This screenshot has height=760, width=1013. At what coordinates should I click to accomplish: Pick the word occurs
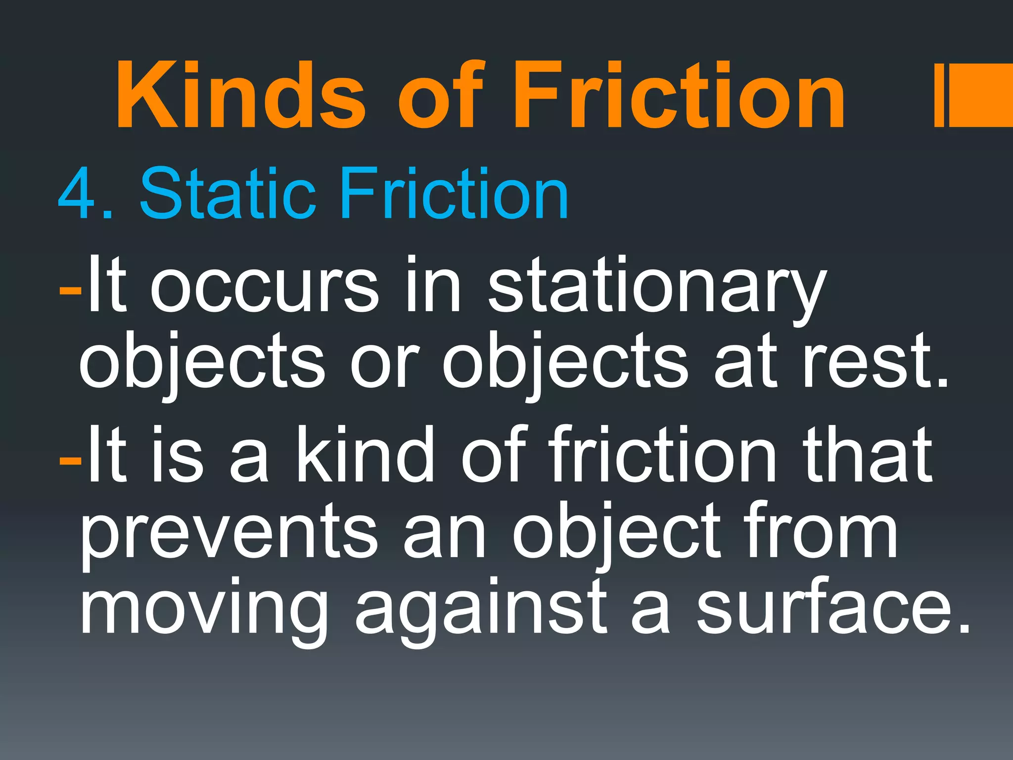coord(265,287)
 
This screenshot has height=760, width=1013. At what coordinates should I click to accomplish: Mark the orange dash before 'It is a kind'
coord(70,461)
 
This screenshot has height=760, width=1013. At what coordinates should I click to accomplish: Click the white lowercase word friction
coord(662,455)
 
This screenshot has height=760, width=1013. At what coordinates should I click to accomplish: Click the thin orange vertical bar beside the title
coord(939,95)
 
